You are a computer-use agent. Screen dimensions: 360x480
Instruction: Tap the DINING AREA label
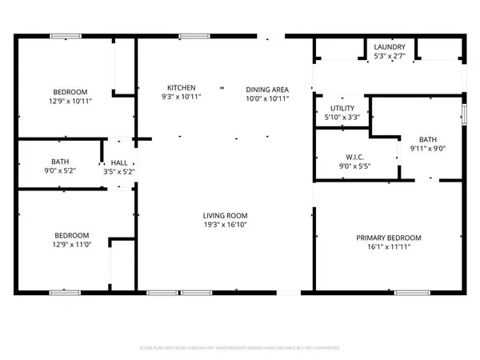266,89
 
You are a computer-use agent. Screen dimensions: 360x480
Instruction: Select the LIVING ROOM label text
225,215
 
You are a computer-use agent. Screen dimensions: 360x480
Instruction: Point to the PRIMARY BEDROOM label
389,238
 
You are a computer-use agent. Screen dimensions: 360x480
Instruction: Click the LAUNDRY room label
390,47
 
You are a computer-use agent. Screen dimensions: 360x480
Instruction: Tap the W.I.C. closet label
355,157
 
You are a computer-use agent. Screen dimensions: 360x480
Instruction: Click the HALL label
119,162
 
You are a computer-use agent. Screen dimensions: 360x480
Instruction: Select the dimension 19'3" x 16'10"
225,225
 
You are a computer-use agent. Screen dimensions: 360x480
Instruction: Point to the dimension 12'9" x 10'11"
70,101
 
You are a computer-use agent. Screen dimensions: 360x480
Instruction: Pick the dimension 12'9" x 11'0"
71,245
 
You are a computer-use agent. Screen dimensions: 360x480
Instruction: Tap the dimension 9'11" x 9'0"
428,148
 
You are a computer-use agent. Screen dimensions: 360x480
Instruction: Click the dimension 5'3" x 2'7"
390,56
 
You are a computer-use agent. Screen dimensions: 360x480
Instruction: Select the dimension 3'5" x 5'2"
119,171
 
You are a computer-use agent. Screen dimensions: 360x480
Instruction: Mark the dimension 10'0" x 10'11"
266,98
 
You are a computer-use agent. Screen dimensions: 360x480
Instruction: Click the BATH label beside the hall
60,162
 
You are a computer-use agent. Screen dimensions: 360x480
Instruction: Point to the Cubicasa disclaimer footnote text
240,348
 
